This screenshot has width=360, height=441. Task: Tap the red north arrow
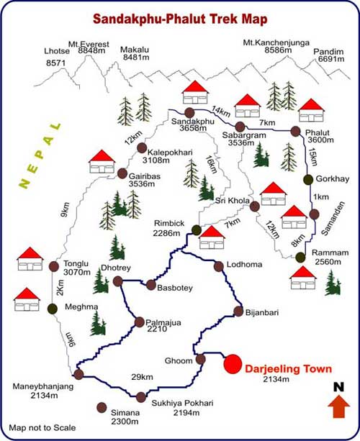coord(337,407)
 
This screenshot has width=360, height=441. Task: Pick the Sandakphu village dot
coord(189,113)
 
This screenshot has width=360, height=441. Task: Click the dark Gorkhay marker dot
coord(308,179)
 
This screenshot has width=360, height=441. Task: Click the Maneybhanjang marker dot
coord(78,374)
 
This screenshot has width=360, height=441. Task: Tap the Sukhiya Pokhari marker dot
coord(140,396)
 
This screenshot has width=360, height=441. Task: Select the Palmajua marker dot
coord(138,321)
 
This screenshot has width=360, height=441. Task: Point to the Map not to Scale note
coord(42,429)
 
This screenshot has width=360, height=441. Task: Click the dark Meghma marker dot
coord(53,309)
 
